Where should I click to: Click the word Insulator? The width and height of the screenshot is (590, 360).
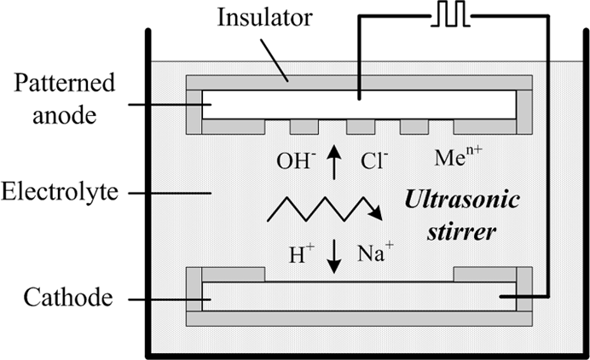tap(265, 17)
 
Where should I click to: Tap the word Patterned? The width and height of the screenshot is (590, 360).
tap(64, 84)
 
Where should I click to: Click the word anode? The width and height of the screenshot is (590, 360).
tap(64, 115)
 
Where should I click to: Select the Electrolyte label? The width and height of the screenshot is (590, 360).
tap(60, 192)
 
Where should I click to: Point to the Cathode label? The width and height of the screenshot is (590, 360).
tap(68, 297)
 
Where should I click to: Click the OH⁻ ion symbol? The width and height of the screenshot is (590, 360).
tap(294, 160)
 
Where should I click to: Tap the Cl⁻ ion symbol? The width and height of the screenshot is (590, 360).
tap(374, 160)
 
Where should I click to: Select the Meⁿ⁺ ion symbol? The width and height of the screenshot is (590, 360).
tap(458, 156)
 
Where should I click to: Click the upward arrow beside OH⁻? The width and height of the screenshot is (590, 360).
tap(333, 163)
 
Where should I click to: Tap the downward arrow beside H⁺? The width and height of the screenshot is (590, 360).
tap(333, 257)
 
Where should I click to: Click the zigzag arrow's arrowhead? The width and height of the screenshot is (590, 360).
tap(375, 213)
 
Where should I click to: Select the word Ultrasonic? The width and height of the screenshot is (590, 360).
tap(462, 200)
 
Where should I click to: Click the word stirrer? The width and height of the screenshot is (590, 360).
tap(461, 231)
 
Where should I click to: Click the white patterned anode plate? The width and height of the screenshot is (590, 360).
tap(359, 105)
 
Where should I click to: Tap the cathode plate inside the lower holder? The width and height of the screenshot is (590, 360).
tap(359, 296)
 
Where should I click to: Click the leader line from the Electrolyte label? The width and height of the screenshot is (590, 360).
tap(170, 193)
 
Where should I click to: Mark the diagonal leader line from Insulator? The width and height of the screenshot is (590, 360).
tap(275, 60)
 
